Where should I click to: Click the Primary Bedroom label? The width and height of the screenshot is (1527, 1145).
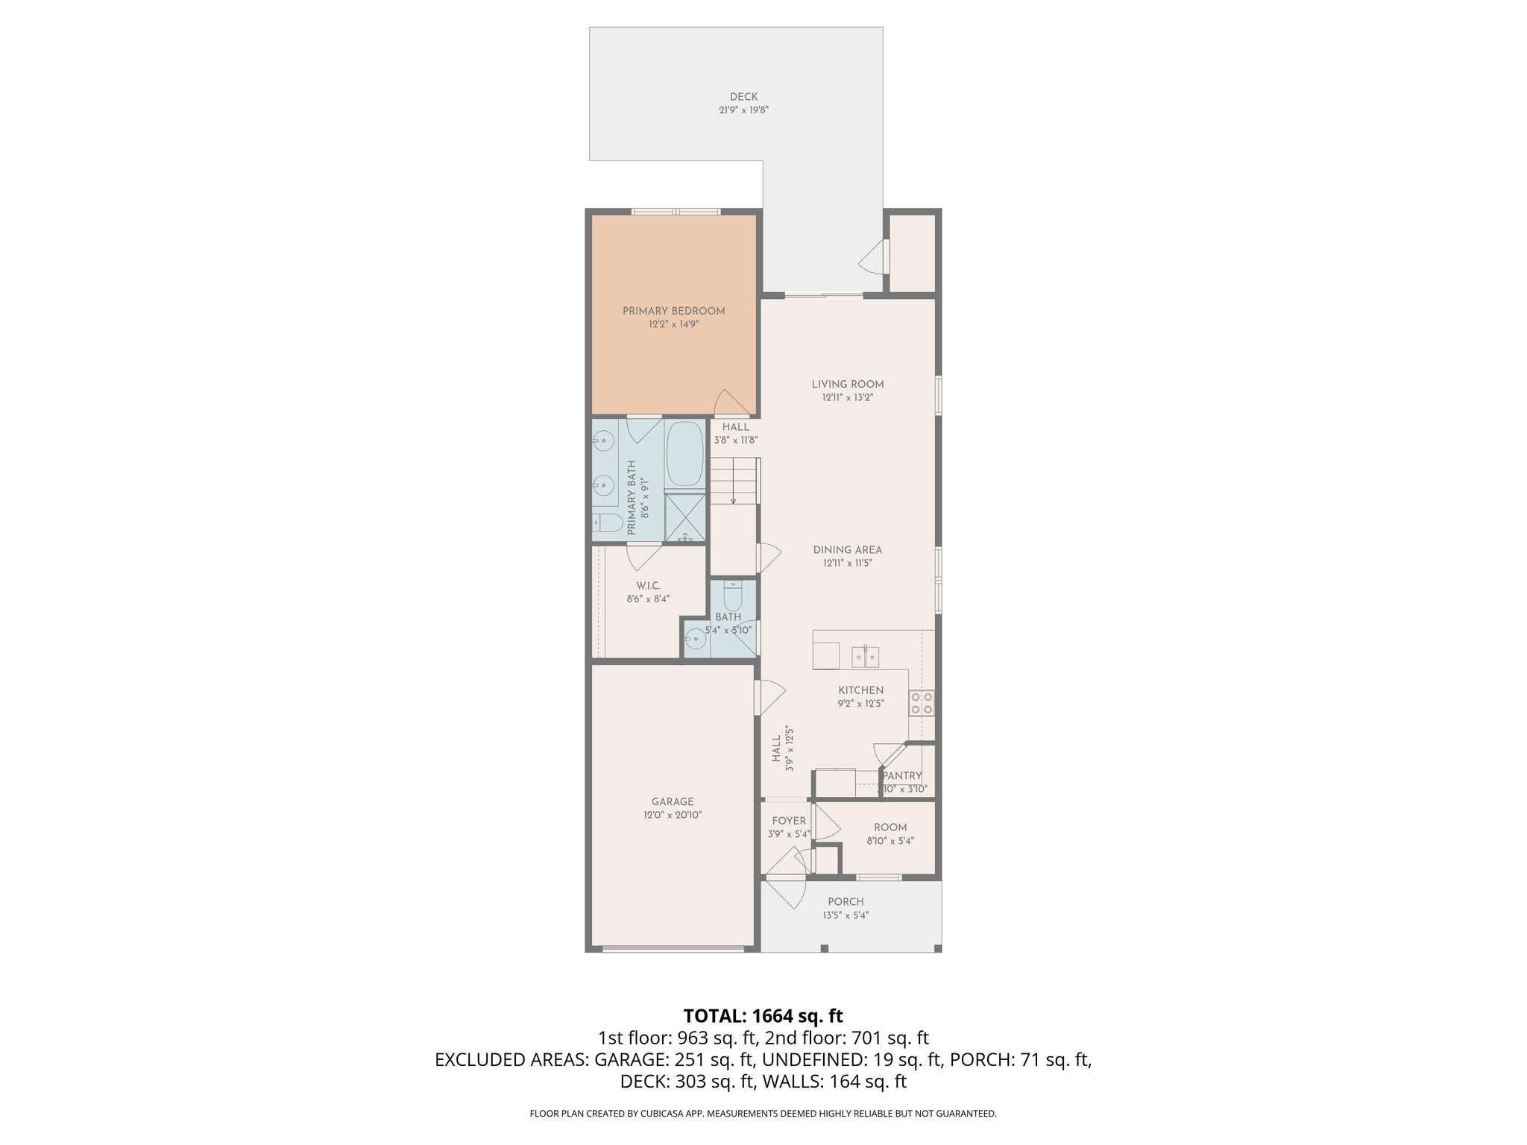pos(673,311)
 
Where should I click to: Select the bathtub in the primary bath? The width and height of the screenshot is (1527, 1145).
pos(684,454)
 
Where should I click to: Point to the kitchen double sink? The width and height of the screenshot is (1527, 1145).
pos(865,657)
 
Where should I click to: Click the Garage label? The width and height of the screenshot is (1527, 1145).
pos(673,802)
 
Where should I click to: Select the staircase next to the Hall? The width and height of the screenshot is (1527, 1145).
pos(734,481)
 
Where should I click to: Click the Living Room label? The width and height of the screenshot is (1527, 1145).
pos(848,385)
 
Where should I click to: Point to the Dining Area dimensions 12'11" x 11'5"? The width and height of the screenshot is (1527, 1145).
pos(848,564)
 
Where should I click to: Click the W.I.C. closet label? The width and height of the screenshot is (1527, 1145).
pos(648,586)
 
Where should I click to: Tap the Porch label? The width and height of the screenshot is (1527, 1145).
pos(846,902)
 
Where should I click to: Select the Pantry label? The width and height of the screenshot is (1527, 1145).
pos(902,776)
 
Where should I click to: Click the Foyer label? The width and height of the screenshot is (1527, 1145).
pos(789,821)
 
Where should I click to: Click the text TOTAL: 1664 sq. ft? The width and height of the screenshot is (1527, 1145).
pos(763,1016)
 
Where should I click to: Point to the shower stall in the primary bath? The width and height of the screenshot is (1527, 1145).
pos(684,516)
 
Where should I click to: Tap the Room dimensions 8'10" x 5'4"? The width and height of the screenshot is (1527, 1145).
pos(890,841)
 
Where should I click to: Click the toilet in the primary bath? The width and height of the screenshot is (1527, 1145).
pos(607,523)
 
